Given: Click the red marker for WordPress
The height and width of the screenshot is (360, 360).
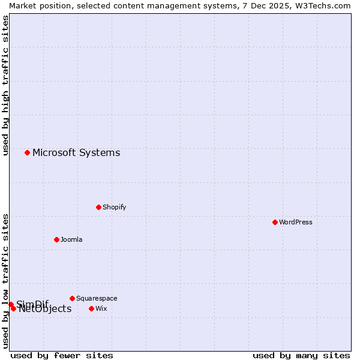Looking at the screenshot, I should (x=275, y=222).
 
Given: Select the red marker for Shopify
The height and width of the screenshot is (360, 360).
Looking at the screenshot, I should (x=98, y=207).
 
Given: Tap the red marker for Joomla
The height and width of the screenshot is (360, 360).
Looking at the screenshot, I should (x=56, y=239).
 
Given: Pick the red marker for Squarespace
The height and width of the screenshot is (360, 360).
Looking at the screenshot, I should (x=72, y=298).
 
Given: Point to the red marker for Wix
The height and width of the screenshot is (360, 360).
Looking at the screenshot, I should (x=91, y=308).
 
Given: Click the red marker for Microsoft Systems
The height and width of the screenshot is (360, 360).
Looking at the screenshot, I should (x=27, y=152).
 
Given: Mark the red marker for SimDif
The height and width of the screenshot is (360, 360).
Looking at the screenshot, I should (x=11, y=304).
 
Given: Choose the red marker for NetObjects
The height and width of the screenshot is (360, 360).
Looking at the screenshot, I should (x=13, y=309).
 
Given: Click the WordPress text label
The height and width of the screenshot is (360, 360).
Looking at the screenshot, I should (x=296, y=222).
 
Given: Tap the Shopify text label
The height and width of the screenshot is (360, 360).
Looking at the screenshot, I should (x=115, y=207).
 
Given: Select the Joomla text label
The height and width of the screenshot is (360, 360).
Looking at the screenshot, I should (x=71, y=239).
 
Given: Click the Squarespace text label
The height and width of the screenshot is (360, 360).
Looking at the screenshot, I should (x=97, y=298).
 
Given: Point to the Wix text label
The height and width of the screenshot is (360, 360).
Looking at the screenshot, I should (x=101, y=308).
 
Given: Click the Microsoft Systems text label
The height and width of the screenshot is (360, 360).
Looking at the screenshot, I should (x=76, y=152).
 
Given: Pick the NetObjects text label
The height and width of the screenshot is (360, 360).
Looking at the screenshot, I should (x=46, y=310).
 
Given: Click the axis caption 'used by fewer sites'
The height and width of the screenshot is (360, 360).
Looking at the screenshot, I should (x=62, y=355).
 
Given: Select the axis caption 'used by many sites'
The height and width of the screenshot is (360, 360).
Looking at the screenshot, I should (x=301, y=355).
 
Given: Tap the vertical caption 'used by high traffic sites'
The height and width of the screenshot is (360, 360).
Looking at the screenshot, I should (x=5, y=86).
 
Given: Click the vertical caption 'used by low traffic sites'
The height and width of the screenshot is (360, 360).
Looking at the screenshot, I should (x=5, y=281).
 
